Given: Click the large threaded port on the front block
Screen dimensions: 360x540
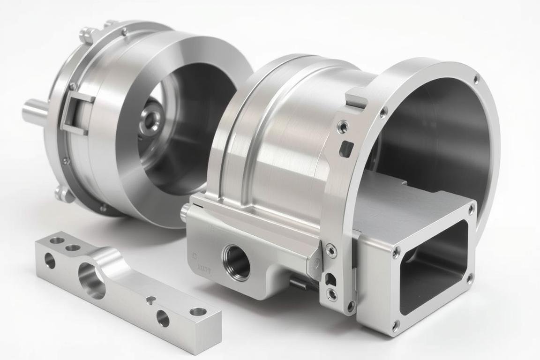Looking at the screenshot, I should (236, 262).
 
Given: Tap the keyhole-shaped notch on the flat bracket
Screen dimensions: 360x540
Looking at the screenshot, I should (150, 300).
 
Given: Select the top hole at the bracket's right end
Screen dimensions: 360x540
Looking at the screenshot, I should (198, 312).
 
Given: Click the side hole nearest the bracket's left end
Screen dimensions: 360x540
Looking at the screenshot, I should (50, 261).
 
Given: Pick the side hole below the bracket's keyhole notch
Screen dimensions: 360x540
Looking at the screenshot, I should (163, 318).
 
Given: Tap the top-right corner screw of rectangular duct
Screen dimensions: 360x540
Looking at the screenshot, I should (471, 210).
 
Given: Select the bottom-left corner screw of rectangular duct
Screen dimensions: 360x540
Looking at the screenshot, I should (396, 324).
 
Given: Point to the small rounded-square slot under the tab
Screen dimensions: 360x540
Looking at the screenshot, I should (346, 149).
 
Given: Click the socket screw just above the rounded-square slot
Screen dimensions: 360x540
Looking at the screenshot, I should (343, 127).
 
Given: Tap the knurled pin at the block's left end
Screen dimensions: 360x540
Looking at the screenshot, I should (185, 214).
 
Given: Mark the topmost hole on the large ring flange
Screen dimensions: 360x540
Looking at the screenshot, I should (476, 80).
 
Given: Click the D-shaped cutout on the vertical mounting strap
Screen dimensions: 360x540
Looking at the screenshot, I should (330, 279).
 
